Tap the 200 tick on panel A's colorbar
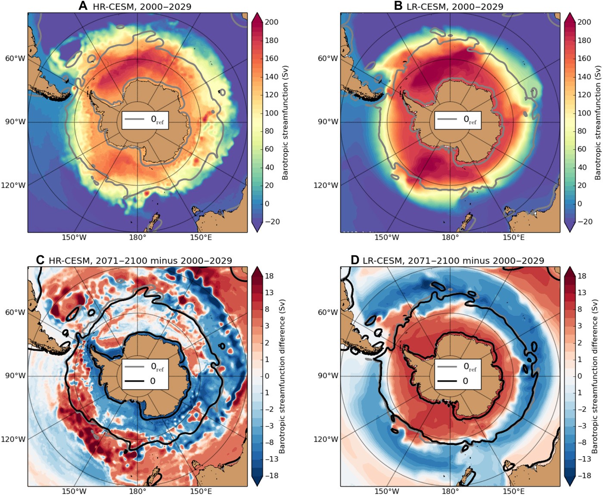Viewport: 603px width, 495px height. pyautogui.click(x=271, y=22)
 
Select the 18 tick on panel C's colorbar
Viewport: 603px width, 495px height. pyautogui.click(x=269, y=276)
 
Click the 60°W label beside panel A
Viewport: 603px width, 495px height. pyautogui.click(x=15, y=59)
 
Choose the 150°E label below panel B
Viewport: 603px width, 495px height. pyautogui.click(x=513, y=237)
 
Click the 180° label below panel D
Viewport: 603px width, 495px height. pyautogui.click(x=450, y=491)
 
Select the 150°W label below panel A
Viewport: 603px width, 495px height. pyautogui.click(x=74, y=237)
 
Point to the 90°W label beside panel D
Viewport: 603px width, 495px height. pyautogui.click(x=328, y=376)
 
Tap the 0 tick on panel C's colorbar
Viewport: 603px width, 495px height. pyautogui.click(x=267, y=376)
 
